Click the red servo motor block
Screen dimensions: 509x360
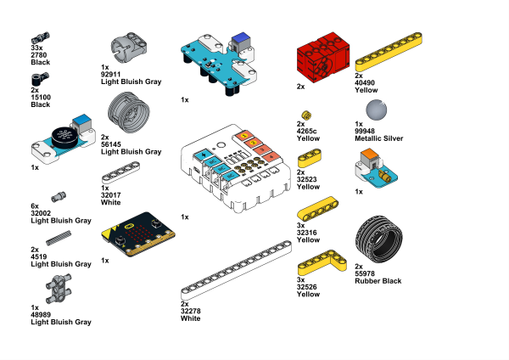click(x=323, y=57)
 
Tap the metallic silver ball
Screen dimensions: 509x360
click(x=376, y=110)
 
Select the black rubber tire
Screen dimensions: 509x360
click(x=379, y=239)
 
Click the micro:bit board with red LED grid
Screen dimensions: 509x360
click(x=138, y=234)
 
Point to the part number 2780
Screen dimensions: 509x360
click(x=39, y=55)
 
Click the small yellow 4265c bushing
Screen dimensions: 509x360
click(x=306, y=115)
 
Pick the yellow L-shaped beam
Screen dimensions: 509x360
click(x=322, y=262)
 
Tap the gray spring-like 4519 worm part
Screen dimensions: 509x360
click(x=59, y=238)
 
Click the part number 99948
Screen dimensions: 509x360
click(x=365, y=131)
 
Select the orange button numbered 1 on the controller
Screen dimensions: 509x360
click(x=244, y=135)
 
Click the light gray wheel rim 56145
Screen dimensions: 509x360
click(x=129, y=112)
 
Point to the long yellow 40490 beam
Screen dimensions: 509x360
click(x=389, y=52)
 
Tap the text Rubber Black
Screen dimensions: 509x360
click(x=378, y=281)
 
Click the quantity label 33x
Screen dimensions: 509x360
click(x=36, y=48)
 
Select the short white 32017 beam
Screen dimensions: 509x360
click(x=120, y=173)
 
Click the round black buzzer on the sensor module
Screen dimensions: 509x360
click(x=65, y=137)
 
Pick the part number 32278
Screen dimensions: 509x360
click(x=191, y=311)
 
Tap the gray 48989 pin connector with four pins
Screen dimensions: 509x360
click(x=59, y=289)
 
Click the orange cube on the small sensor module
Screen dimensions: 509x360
click(x=370, y=156)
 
